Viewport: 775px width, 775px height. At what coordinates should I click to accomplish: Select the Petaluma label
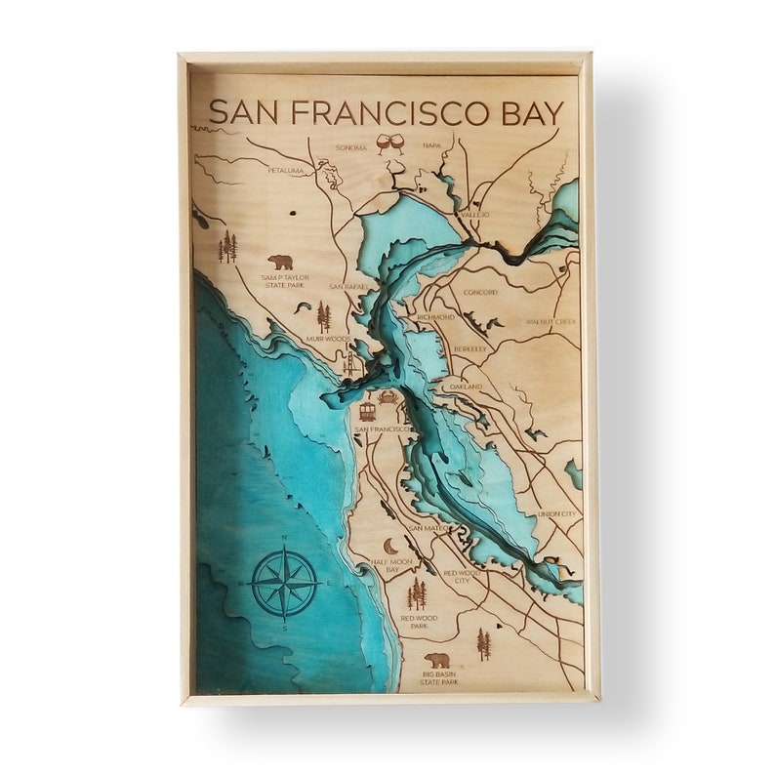pyautogui.click(x=286, y=171)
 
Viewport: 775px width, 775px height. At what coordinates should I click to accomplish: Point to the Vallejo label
pyautogui.click(x=475, y=214)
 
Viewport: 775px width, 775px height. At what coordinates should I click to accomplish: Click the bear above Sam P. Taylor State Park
pyautogui.click(x=281, y=263)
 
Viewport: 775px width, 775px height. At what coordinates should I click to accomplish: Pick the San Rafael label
pyautogui.click(x=347, y=287)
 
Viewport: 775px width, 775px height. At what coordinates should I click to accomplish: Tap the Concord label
pyautogui.click(x=480, y=292)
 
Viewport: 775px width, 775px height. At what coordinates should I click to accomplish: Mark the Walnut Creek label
pyautogui.click(x=551, y=321)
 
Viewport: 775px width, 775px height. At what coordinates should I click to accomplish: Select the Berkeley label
pyautogui.click(x=470, y=348)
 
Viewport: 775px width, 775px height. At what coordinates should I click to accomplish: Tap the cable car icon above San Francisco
pyautogui.click(x=368, y=411)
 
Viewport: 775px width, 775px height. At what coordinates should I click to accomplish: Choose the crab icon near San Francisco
pyautogui.click(x=389, y=398)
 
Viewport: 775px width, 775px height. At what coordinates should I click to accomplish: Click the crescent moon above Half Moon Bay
pyautogui.click(x=390, y=547)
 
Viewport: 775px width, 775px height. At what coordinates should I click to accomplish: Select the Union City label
pyautogui.click(x=555, y=514)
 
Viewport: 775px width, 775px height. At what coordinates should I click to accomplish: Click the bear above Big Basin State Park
pyautogui.click(x=437, y=661)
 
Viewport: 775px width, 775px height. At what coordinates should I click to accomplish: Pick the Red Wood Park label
pyautogui.click(x=420, y=622)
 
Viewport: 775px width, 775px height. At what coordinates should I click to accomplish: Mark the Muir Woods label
pyautogui.click(x=327, y=339)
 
